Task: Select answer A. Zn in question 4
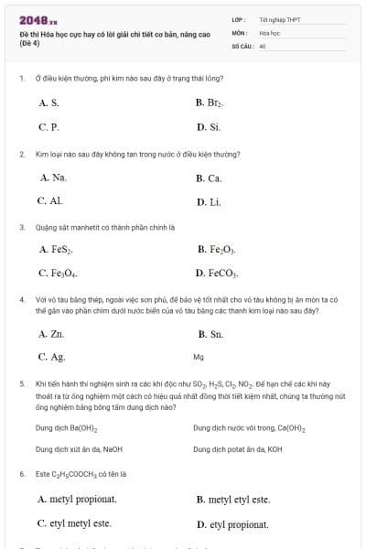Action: pos(51,334)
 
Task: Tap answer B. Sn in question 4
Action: pos(210,334)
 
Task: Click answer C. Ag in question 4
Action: pos(51,357)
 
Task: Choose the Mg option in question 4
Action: pos(199,357)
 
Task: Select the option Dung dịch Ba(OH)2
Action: pos(67,427)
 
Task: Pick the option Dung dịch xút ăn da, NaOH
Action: pos(79,449)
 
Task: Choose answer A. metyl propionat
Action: pos(78,500)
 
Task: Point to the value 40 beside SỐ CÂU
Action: pos(263,45)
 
